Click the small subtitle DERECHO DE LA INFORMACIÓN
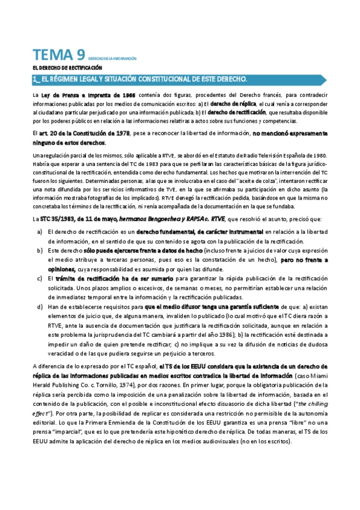[x=112, y=59]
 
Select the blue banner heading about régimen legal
[x=139, y=79]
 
